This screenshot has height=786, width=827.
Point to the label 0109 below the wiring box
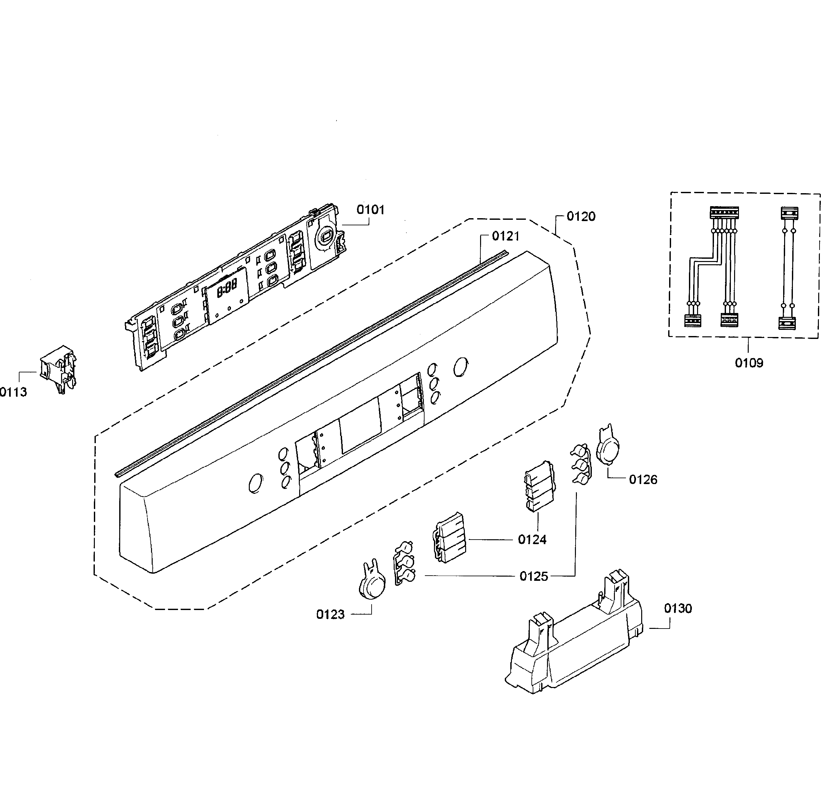click(x=749, y=363)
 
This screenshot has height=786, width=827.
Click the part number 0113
click(x=13, y=392)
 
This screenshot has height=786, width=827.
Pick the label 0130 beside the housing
click(x=678, y=608)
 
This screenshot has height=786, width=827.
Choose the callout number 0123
click(x=330, y=615)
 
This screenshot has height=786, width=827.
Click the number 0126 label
click(x=643, y=480)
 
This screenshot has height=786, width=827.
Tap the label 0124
click(x=532, y=540)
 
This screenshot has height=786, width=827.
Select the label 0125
click(x=534, y=577)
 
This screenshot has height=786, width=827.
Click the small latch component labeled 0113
click(x=59, y=369)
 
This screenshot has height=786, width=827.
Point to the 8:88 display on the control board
click(x=227, y=289)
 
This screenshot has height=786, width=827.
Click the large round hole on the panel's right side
click(x=461, y=367)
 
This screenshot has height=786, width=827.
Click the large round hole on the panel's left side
click(x=255, y=483)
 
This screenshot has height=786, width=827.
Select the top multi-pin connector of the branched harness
click(x=724, y=213)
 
